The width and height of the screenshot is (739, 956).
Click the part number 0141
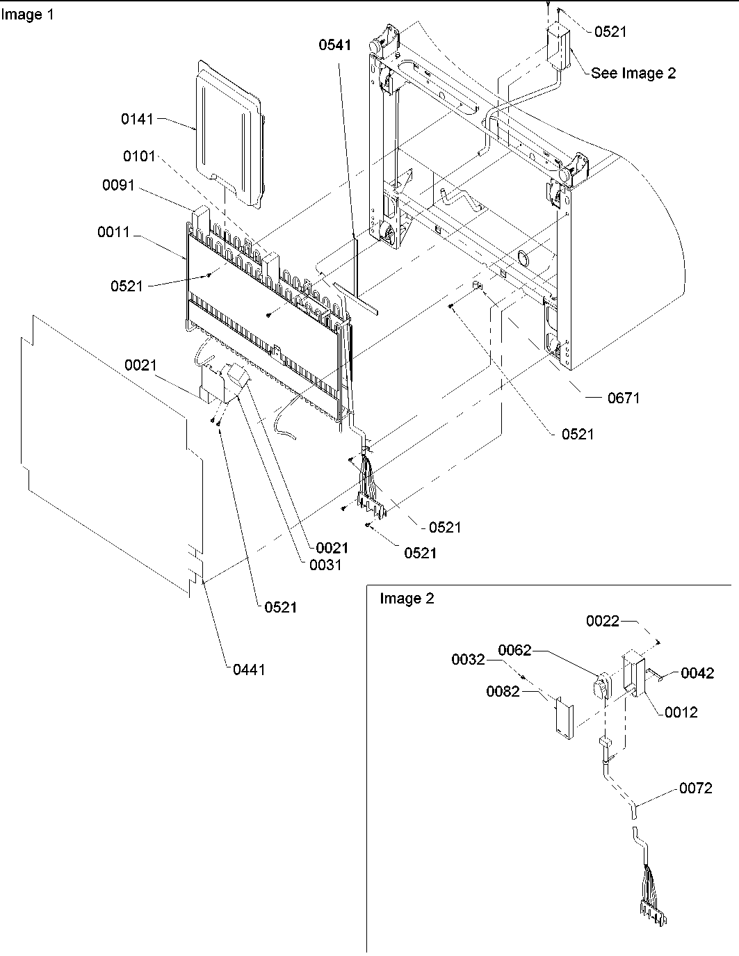[137, 119]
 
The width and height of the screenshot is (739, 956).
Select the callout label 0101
[139, 156]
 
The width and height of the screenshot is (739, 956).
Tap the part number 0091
[118, 186]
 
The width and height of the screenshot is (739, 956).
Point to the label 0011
[113, 232]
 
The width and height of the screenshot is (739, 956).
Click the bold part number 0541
[335, 45]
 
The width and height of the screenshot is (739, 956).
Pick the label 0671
[623, 398]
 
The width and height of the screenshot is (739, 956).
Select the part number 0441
[249, 670]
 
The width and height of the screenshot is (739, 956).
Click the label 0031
[325, 565]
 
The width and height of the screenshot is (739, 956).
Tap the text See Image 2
[633, 73]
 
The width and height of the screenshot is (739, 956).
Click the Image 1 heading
[27, 15]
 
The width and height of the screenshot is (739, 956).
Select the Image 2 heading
[407, 599]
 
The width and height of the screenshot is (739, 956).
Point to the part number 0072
[696, 788]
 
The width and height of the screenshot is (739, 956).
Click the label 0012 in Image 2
[681, 712]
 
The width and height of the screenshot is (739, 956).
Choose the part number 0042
[697, 673]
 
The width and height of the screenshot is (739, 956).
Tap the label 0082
[503, 691]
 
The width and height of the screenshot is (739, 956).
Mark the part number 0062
[514, 650]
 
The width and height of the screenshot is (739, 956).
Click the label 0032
[468, 659]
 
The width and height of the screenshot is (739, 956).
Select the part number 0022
[602, 621]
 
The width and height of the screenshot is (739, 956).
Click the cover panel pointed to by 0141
[229, 132]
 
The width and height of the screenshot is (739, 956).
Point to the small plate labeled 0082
[563, 719]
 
